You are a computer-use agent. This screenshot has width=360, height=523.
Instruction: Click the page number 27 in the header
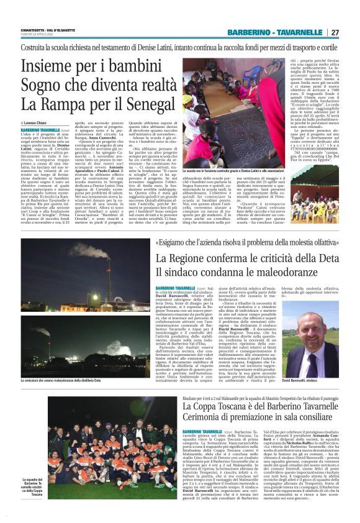[335, 32]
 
